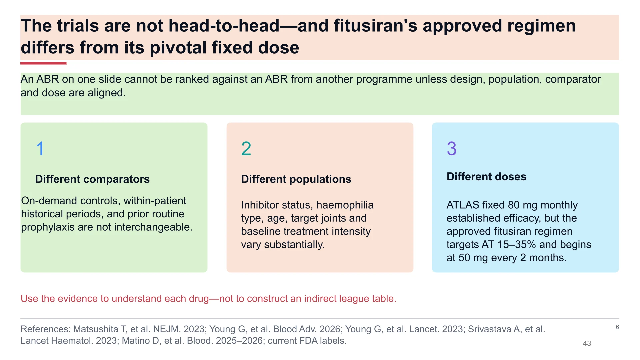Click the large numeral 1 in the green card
point(40,148)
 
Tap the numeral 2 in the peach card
point(246,148)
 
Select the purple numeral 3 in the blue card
point(452,148)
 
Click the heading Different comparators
point(92,179)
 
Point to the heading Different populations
point(296,179)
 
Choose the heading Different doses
point(486,176)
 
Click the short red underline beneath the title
point(43,63)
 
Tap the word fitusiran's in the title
point(375,26)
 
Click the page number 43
point(587,343)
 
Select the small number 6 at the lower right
point(617,327)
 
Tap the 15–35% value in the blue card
point(517,244)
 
